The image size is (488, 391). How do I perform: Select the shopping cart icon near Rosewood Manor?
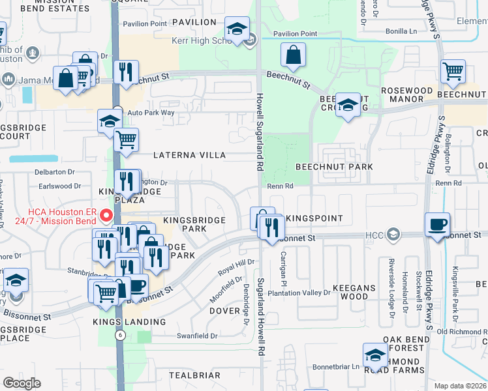pyautogui.click(x=453, y=70)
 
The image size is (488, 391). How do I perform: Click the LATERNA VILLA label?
pyautogui.click(x=189, y=156)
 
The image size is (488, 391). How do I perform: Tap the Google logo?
pyautogui.click(x=22, y=383)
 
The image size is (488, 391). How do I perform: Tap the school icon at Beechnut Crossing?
pyautogui.click(x=348, y=104)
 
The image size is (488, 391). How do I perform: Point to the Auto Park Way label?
pyautogui.click(x=151, y=113)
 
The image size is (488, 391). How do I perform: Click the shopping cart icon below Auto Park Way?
pyautogui.click(x=127, y=139)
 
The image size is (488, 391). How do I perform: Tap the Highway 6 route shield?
pyautogui.click(x=119, y=335)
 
